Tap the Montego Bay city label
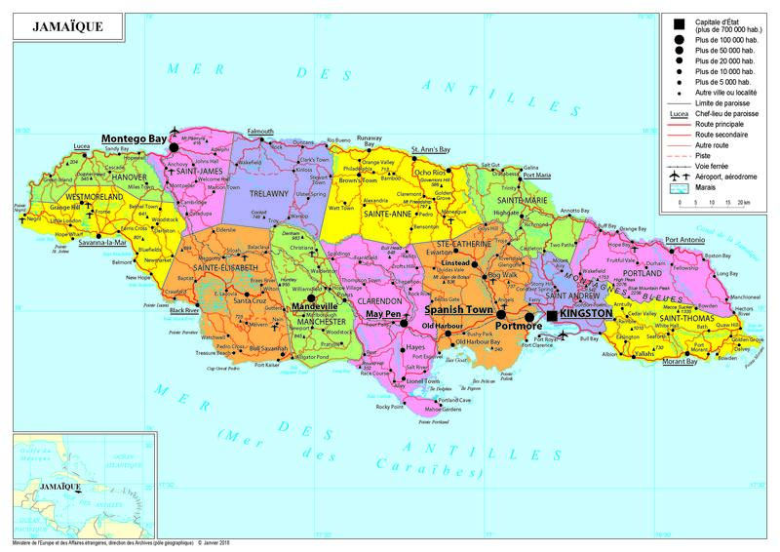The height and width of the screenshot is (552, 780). pos(135,138)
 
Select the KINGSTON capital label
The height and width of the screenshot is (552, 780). pos(587,314)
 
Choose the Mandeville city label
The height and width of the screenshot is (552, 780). pos(314,305)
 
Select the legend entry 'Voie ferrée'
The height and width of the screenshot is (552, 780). pos(716,167)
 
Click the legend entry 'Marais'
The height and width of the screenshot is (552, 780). pos(709,188)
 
